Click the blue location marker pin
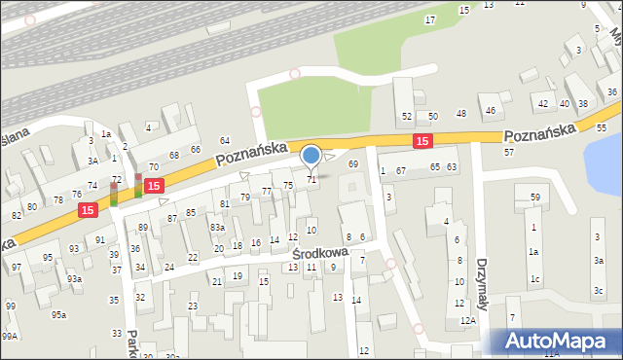(x=311, y=156)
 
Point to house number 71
(x=311, y=180)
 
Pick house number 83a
(x=217, y=227)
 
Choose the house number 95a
(x=59, y=314)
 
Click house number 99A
(x=10, y=336)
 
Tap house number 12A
(x=468, y=320)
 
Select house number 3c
(x=598, y=291)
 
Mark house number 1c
(x=534, y=280)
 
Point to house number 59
(x=535, y=198)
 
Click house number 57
(x=508, y=153)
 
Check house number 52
(x=407, y=117)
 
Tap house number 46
(x=491, y=110)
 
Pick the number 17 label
(x=430, y=20)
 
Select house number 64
(x=225, y=141)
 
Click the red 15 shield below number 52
(x=421, y=141)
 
